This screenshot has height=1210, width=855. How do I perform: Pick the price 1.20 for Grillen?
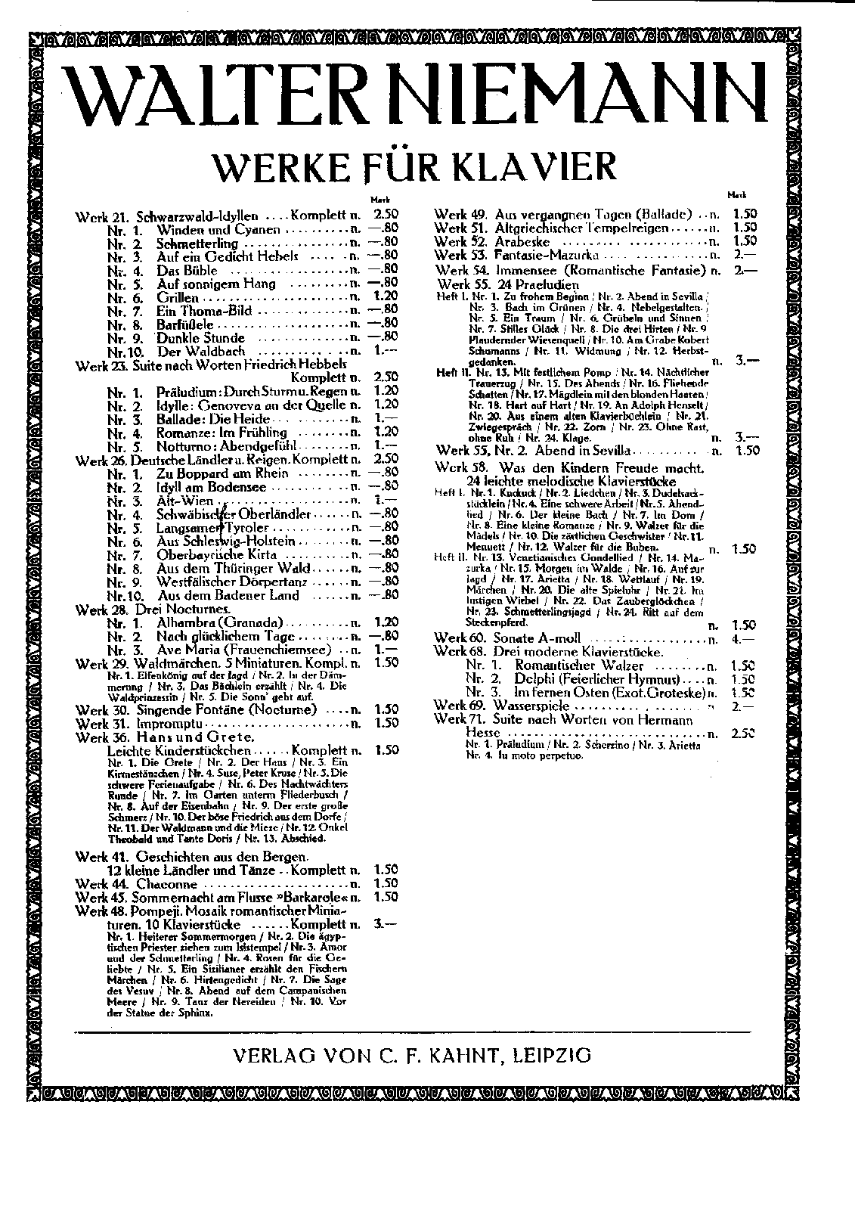pos(386,298)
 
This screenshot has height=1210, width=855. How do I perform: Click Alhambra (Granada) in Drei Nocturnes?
pos(219,622)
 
